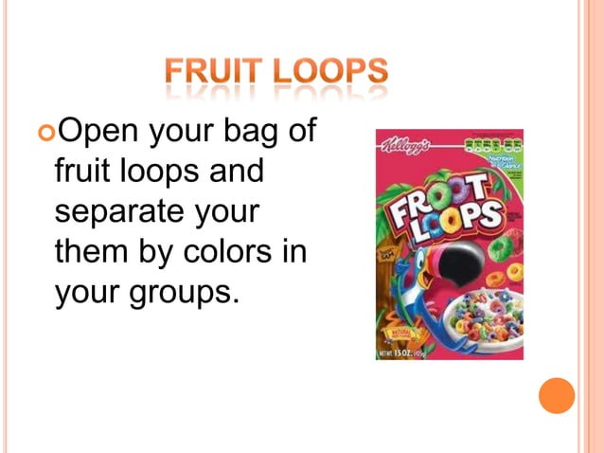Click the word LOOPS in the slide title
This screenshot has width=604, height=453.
coord(326,72)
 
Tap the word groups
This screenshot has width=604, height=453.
coord(179,293)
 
